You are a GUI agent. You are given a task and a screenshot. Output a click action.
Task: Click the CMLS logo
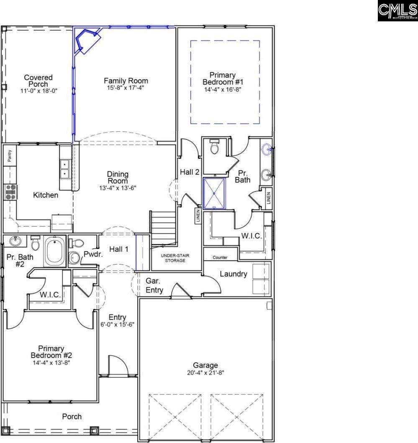[x=397, y=11]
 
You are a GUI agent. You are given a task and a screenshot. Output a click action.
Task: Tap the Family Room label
[x=126, y=81]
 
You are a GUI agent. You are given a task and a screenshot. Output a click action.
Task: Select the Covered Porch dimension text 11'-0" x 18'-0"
[x=38, y=91]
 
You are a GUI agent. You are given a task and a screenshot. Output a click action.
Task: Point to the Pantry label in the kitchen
[x=10, y=157]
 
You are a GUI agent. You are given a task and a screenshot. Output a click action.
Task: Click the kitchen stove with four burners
[x=10, y=191]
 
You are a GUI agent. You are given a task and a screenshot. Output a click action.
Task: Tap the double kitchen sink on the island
[x=65, y=169]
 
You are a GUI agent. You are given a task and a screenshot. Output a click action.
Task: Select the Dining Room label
[x=118, y=178]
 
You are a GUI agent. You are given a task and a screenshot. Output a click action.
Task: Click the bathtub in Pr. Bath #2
[x=55, y=251]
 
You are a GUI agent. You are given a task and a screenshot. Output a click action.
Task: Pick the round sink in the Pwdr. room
[x=74, y=258]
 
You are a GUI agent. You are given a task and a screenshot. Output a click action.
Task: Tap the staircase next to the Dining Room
[x=163, y=228]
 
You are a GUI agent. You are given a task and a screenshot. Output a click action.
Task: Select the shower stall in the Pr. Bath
[x=214, y=193]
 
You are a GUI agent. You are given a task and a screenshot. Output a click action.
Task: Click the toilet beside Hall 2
[x=215, y=147]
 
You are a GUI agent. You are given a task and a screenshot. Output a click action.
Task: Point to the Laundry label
[x=233, y=274]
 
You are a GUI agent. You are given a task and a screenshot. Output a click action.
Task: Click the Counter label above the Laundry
[x=220, y=258]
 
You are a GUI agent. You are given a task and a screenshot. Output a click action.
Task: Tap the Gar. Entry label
[x=154, y=285]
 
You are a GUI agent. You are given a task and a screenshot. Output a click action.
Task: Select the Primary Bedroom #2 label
[x=51, y=352]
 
